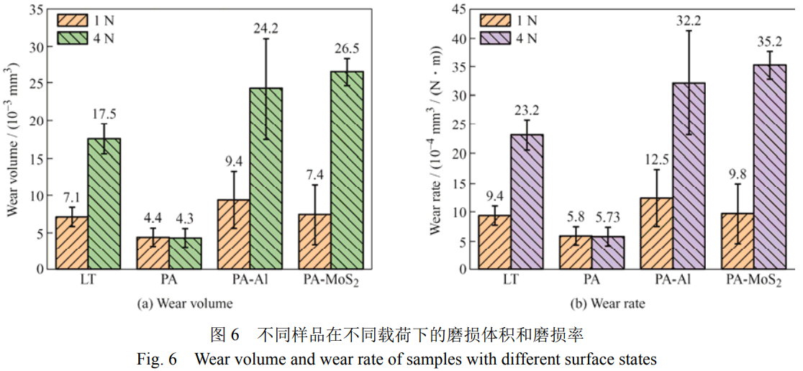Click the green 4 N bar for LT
(104, 203)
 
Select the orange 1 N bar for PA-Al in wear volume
(232, 234)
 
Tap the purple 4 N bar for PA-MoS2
(768, 167)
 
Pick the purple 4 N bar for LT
(527, 201)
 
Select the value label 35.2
(768, 43)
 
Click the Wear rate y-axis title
(435, 140)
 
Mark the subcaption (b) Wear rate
(608, 303)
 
